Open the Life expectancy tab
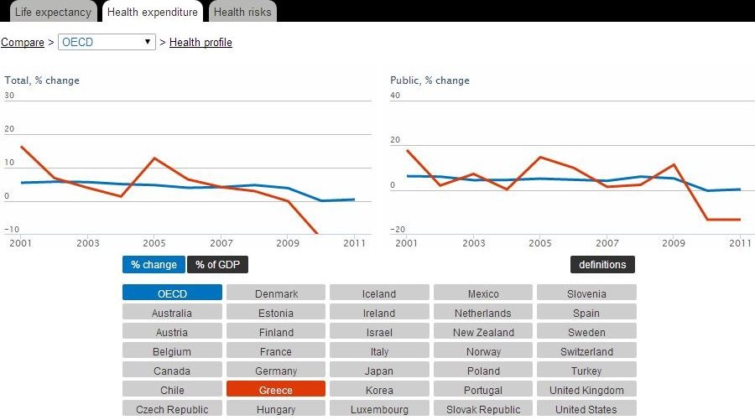tap(52, 12)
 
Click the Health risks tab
tap(242, 12)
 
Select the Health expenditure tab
tap(153, 12)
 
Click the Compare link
tap(23, 42)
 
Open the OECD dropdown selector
tap(107, 42)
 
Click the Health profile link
tap(200, 42)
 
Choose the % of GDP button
tap(217, 265)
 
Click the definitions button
tap(602, 265)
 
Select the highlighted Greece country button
tap(276, 390)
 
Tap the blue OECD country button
tap(172, 293)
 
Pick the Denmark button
tap(276, 293)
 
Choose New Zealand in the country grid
tap(483, 332)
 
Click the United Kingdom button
tap(586, 390)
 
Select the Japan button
tap(379, 371)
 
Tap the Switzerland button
tap(586, 351)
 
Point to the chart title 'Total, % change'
tap(42, 80)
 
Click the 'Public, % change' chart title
tap(430, 80)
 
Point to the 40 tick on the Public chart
tap(395, 96)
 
